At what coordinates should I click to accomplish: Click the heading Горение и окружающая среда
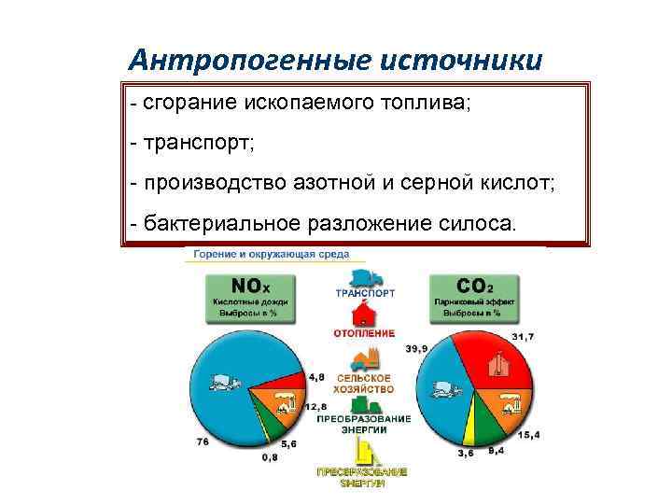[x=272, y=253]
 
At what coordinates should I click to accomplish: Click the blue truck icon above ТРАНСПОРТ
[x=365, y=278]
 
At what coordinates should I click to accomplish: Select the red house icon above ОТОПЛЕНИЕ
[x=365, y=315]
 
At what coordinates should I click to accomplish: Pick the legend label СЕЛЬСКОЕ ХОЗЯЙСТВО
[x=365, y=384]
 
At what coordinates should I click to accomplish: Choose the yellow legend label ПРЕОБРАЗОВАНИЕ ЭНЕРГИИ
[x=363, y=478]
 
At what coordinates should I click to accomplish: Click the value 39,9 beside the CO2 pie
[x=416, y=348]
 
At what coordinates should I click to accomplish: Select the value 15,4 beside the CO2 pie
[x=529, y=435]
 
